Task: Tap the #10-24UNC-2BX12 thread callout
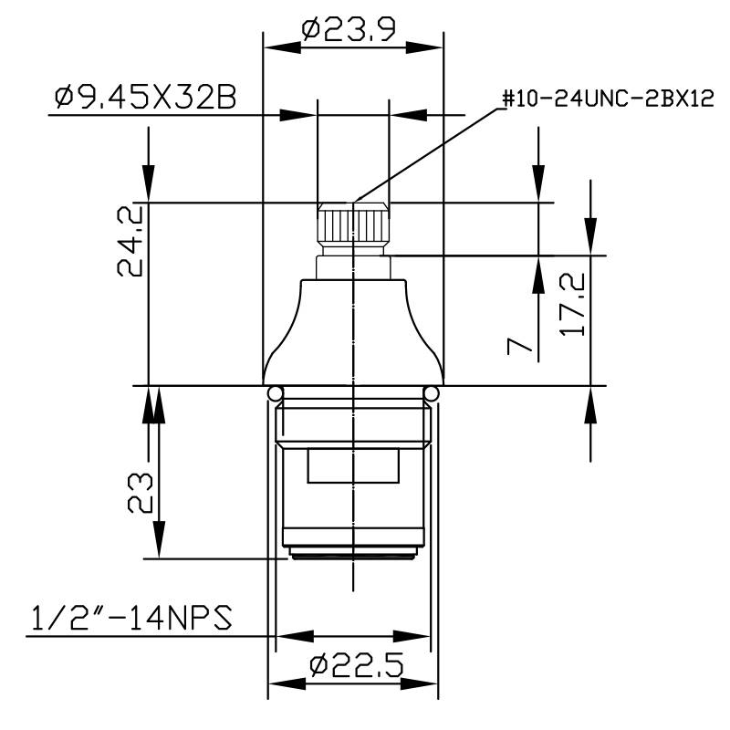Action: click(607, 99)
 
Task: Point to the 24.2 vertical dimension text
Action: click(129, 240)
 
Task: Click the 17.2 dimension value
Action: click(574, 308)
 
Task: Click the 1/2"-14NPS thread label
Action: click(128, 619)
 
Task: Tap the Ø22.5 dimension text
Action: click(356, 665)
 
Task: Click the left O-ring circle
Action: click(275, 393)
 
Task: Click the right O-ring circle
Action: click(432, 393)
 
